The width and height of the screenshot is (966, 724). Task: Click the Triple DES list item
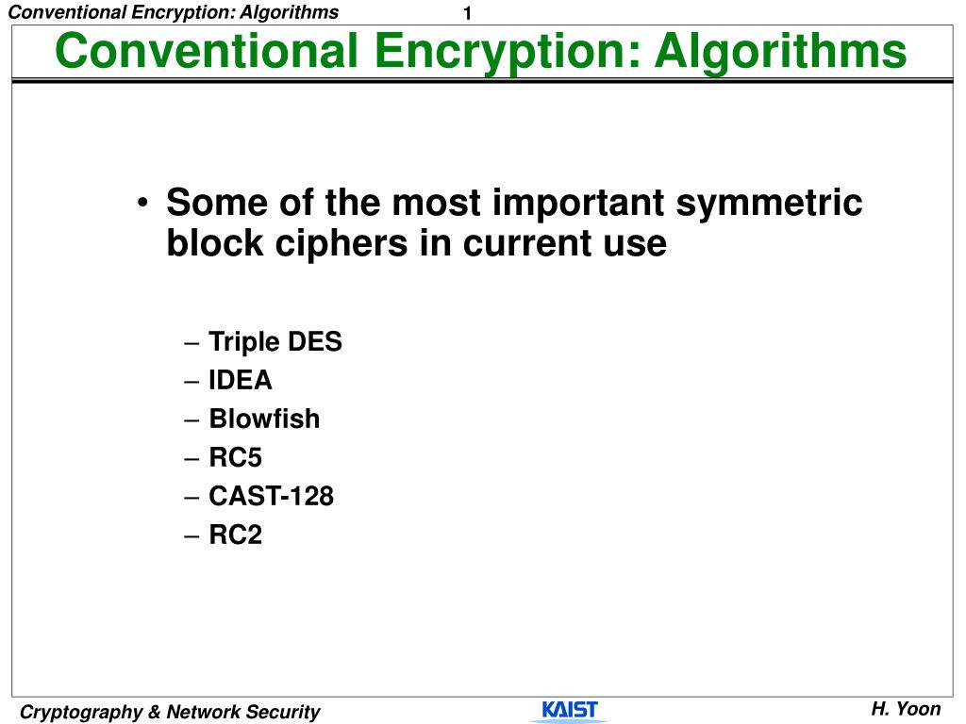pyautogui.click(x=275, y=341)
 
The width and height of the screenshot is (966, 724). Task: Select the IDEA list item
pyautogui.click(x=241, y=380)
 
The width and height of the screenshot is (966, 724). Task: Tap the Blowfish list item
pyautogui.click(x=264, y=419)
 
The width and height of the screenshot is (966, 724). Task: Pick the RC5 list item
pyautogui.click(x=235, y=457)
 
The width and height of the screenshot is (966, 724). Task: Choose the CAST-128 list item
pyautogui.click(x=271, y=496)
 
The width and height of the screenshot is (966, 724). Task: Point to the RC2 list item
pyautogui.click(x=235, y=535)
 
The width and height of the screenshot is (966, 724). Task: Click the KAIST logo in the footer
pyautogui.click(x=569, y=710)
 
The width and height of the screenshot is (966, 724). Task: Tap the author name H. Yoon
pyautogui.click(x=906, y=709)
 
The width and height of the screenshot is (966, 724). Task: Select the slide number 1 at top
pyautogui.click(x=467, y=13)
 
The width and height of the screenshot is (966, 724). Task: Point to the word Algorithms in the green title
pyautogui.click(x=780, y=51)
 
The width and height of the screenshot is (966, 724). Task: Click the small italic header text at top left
pyautogui.click(x=172, y=12)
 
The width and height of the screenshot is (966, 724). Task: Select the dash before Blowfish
pyautogui.click(x=192, y=420)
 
